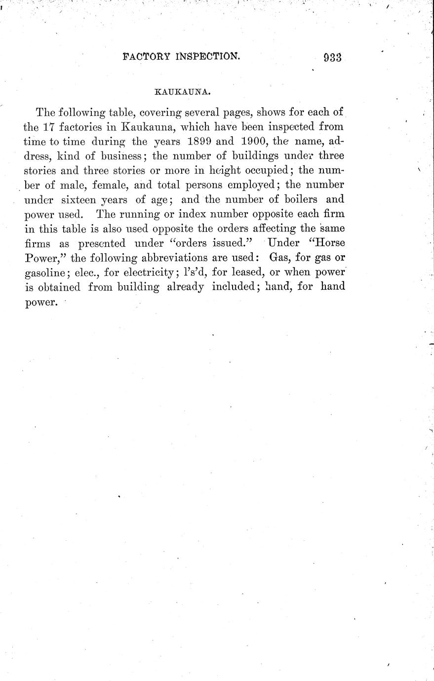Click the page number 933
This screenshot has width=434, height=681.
(x=333, y=58)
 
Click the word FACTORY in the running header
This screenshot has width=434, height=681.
(x=146, y=57)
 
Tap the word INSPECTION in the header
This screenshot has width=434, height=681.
(x=207, y=57)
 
